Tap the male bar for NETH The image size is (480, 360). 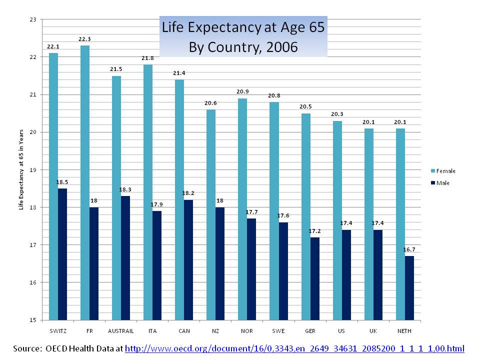(409, 287)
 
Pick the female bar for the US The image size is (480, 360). (337, 220)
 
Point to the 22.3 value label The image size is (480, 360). (84, 39)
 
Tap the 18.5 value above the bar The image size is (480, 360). (62, 182)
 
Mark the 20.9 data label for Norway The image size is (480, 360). (242, 92)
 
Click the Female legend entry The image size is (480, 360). (445, 171)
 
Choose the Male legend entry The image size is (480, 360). (442, 183)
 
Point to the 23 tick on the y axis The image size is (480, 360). (33, 19)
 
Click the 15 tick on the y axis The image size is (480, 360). (33, 320)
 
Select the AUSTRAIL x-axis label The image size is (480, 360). (120, 331)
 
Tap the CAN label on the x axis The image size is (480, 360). (183, 331)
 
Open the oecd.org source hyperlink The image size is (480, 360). (294, 348)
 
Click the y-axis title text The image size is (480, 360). (21, 170)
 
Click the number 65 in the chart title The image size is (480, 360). (315, 28)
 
